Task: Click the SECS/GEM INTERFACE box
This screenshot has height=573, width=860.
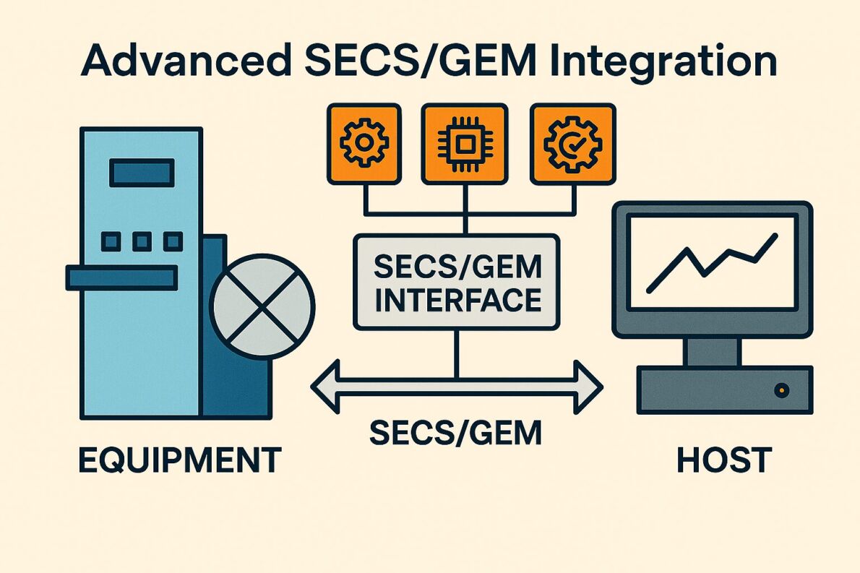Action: [457, 283]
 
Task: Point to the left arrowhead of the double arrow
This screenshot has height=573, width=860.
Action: [325, 387]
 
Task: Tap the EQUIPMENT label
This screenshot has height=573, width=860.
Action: [179, 460]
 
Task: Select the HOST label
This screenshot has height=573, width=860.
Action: [723, 460]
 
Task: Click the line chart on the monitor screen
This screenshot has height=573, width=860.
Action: [711, 262]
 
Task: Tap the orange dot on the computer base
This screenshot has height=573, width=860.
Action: [781, 390]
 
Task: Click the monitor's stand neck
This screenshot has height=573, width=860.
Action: [712, 352]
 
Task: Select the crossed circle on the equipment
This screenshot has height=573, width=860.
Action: [262, 305]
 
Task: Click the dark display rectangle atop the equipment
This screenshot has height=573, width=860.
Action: [142, 173]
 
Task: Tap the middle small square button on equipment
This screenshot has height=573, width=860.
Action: [142, 241]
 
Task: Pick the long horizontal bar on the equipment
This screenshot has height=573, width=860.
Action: [121, 277]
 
